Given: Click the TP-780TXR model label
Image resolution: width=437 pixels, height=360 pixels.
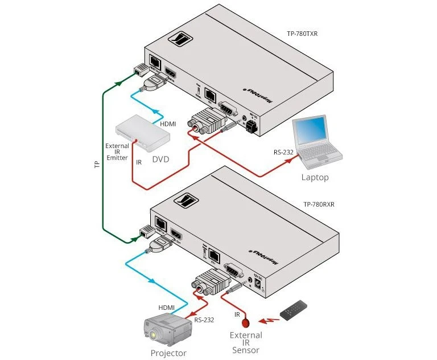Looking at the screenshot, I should [x=302, y=34].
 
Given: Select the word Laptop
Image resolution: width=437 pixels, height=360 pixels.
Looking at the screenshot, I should [x=315, y=177].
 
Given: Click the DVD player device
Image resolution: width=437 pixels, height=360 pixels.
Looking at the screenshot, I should [x=143, y=134].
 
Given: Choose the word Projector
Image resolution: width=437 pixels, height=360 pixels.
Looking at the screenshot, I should [x=168, y=353].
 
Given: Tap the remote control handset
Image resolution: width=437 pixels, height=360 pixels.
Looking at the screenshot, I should [x=296, y=309].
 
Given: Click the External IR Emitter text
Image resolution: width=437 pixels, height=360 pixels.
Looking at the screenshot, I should [x=117, y=152].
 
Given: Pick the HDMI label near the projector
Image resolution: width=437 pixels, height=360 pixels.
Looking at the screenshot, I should [x=166, y=308].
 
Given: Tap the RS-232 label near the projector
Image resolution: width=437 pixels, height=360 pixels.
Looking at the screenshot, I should [x=204, y=320].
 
